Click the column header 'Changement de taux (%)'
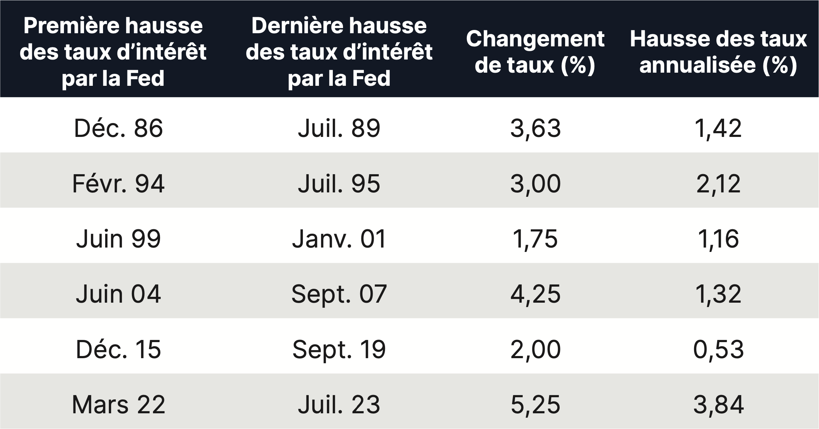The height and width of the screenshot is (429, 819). point(535,52)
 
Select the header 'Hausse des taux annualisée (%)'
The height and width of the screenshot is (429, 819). point(718,52)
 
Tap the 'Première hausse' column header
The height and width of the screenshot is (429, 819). point(113,52)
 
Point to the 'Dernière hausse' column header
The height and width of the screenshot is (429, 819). point(339,52)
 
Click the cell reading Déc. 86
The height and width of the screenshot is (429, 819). point(118,129)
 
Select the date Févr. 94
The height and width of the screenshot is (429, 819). point(118,184)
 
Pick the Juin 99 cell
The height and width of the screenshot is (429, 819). point(118,239)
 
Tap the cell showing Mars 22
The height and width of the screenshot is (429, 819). point(118,405)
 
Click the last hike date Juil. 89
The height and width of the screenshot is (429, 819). point(339,129)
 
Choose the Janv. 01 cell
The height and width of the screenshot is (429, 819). point(339,239)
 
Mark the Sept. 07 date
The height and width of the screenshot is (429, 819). point(339,294)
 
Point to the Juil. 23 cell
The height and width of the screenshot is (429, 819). point(339,405)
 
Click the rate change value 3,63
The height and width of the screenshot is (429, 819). point(535,129)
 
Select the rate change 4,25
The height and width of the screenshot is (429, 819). point(535,294)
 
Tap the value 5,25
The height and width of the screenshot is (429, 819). point(535,405)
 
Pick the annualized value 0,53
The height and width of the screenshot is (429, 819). point(718,349)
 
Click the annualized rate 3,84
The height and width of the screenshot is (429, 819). point(718,405)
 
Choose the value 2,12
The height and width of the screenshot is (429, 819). point(718,184)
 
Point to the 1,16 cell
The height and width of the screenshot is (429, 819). point(718,239)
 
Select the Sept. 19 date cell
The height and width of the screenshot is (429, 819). point(339,349)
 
